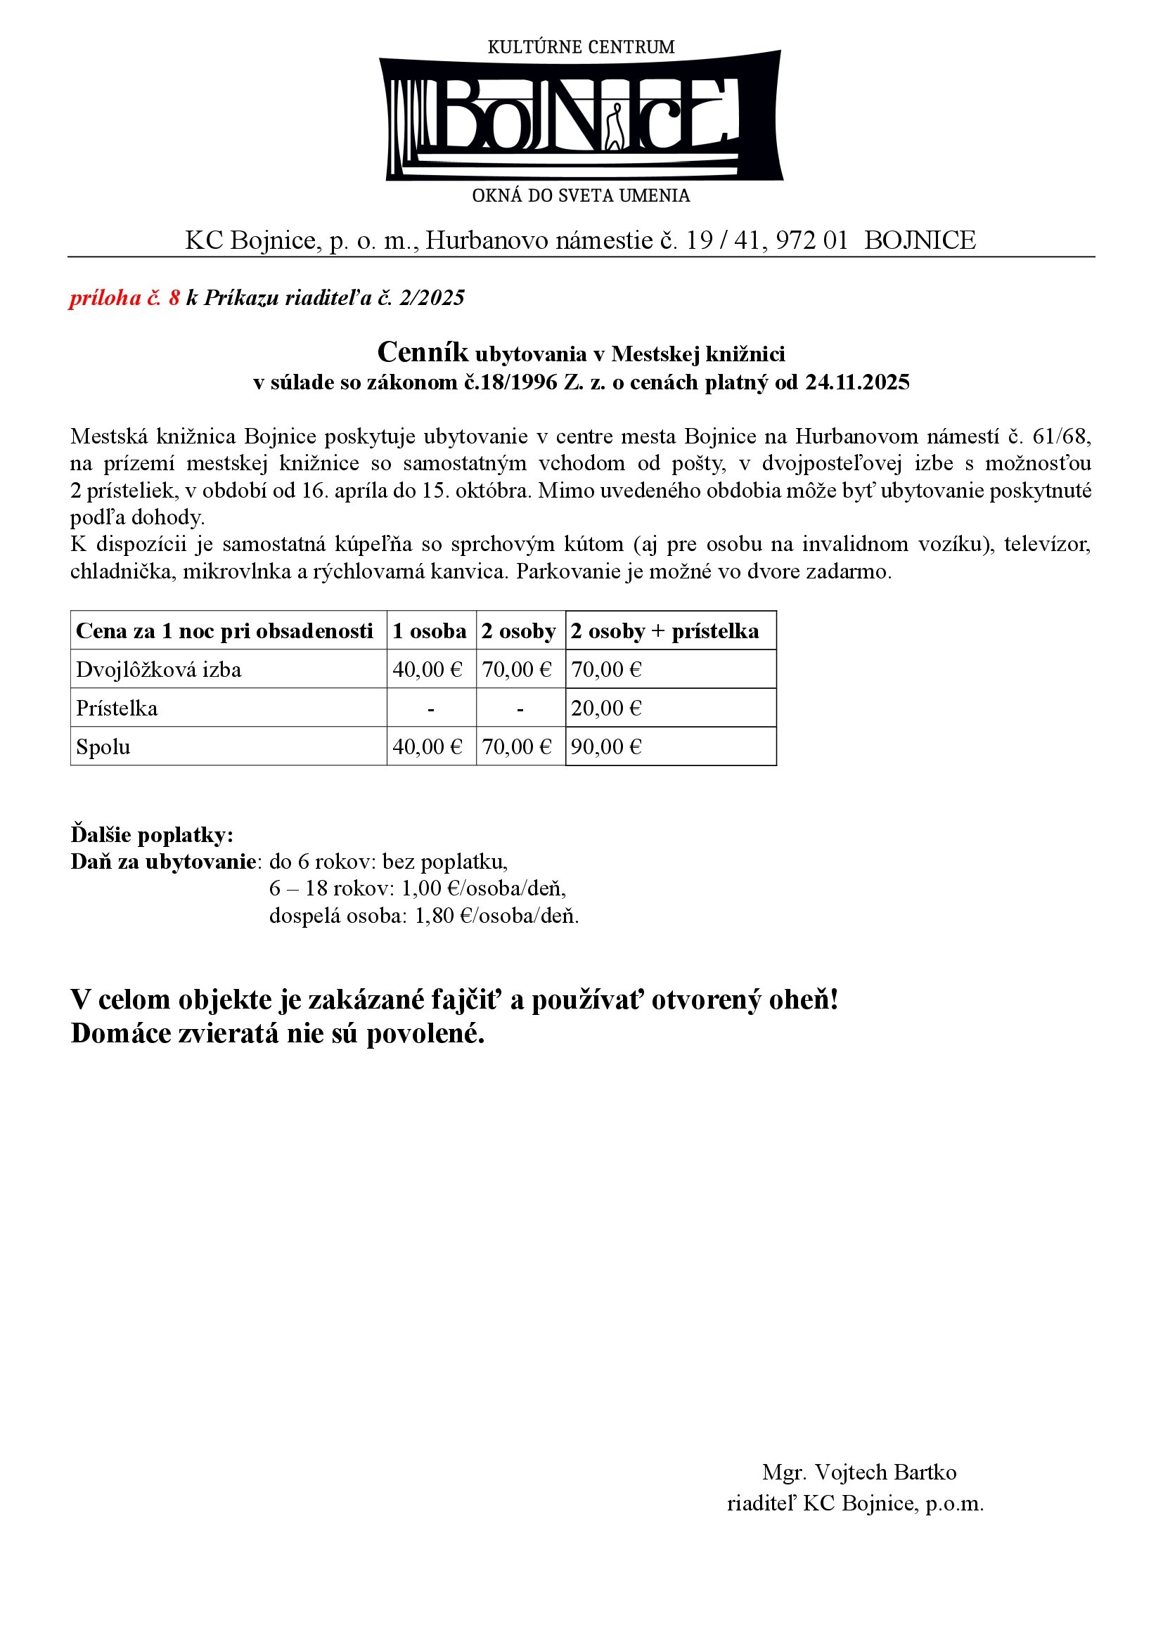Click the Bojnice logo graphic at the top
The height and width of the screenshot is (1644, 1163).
click(x=581, y=116)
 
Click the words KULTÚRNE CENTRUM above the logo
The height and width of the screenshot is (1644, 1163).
click(x=581, y=47)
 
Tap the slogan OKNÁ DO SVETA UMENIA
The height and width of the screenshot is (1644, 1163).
click(x=581, y=195)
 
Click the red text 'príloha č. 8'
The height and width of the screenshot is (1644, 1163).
click(x=124, y=298)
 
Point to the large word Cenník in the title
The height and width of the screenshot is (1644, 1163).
click(x=423, y=352)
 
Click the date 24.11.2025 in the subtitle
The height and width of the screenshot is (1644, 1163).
click(x=857, y=382)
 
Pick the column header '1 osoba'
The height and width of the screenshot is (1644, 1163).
click(x=430, y=630)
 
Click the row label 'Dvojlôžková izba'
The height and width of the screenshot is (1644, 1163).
click(x=159, y=670)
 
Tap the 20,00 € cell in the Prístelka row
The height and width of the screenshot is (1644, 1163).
click(x=606, y=708)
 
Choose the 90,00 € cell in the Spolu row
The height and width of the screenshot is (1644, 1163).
click(x=606, y=747)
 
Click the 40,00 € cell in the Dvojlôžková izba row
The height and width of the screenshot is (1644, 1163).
click(x=428, y=670)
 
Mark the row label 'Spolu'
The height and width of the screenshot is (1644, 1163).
click(x=103, y=747)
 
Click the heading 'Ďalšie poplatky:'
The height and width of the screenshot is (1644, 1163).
click(x=152, y=835)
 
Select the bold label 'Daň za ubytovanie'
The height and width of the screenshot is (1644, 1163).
click(x=162, y=862)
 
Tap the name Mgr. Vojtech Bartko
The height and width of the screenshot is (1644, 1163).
click(x=859, y=1473)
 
